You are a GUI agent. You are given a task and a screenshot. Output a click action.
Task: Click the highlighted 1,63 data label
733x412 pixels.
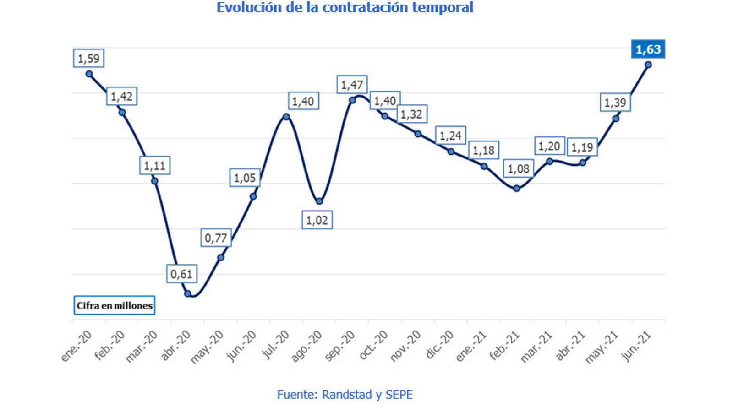point(648,49)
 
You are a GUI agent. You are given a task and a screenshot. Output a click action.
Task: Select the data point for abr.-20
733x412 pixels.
point(187,293)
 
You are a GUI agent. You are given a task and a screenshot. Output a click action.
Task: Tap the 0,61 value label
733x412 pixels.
point(181,274)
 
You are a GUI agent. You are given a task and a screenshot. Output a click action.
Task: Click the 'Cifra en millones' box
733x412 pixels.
point(115,305)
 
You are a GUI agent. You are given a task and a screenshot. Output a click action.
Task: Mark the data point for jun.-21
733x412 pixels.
point(648,65)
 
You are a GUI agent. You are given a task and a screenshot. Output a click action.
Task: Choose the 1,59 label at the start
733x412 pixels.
point(88,58)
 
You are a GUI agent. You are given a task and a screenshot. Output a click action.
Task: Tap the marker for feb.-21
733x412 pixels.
point(517,188)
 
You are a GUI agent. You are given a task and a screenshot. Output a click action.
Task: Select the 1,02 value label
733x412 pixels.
point(317,220)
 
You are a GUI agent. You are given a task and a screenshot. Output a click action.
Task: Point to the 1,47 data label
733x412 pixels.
point(352,85)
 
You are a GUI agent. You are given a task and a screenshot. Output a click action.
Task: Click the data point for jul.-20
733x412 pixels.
point(286,117)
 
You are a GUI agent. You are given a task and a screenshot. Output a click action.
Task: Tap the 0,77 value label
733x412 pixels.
point(216,238)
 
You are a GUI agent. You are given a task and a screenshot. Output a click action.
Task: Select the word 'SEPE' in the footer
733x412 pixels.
point(399,394)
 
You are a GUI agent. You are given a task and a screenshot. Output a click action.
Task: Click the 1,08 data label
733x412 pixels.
point(518,169)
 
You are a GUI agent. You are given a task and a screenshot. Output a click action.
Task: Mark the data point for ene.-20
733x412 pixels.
point(89,74)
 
